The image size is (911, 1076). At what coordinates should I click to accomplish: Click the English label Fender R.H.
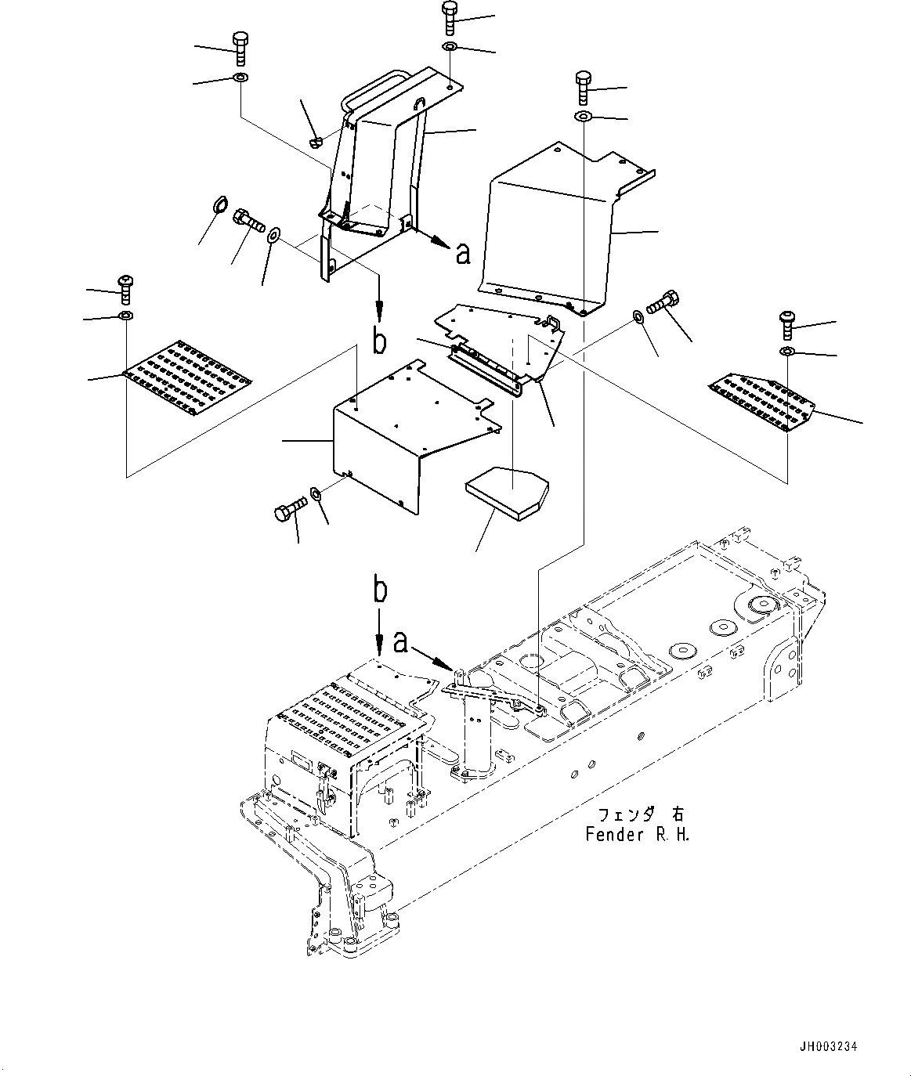638,834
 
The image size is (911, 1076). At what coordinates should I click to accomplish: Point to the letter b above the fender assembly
379,590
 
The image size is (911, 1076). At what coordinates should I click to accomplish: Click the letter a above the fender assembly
400,642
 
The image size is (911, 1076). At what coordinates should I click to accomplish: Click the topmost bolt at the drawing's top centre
450,18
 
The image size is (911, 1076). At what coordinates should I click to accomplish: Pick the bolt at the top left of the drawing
240,50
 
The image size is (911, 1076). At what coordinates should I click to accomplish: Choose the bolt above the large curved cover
584,88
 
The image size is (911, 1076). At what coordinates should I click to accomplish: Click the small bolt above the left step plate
125,290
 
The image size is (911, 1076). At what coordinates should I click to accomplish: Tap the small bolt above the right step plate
788,324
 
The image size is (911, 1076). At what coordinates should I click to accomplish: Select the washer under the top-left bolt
240,78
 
